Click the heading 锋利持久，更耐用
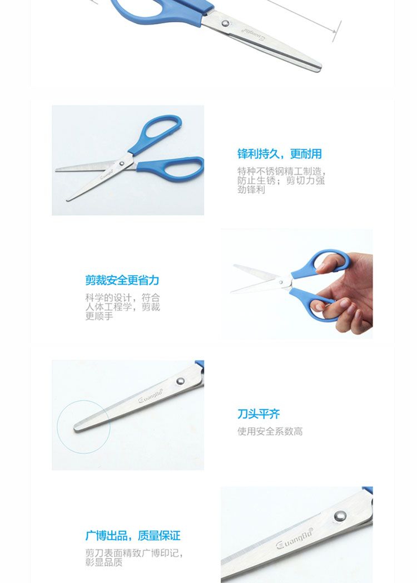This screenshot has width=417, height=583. point(279,154)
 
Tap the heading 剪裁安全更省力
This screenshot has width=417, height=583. point(122,280)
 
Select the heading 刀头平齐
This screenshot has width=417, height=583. point(259,414)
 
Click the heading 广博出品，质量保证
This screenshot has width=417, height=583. point(132,536)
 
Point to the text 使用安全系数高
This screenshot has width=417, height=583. point(270,432)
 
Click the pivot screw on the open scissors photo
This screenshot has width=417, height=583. point(121,163)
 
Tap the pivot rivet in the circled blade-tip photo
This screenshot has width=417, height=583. point(181,381)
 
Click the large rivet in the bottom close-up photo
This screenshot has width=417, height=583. point(340,516)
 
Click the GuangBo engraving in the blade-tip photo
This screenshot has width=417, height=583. point(151,395)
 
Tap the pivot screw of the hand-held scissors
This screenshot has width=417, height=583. point(281,282)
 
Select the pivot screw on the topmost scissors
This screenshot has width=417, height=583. point(225,23)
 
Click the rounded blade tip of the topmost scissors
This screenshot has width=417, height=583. point(318,68)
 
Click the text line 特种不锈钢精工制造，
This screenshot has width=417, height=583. point(281,172)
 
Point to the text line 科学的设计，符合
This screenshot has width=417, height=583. point(122,298)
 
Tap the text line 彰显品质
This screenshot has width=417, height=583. point(103,562)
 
